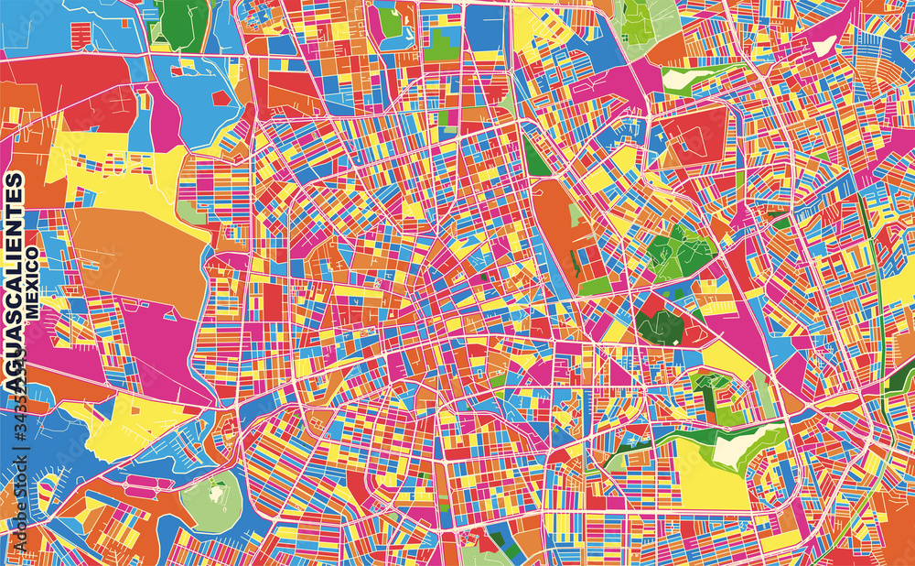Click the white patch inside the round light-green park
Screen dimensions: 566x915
(216, 493)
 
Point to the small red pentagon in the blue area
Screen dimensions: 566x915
(221, 97)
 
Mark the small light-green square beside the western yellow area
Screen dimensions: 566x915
(191, 213)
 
